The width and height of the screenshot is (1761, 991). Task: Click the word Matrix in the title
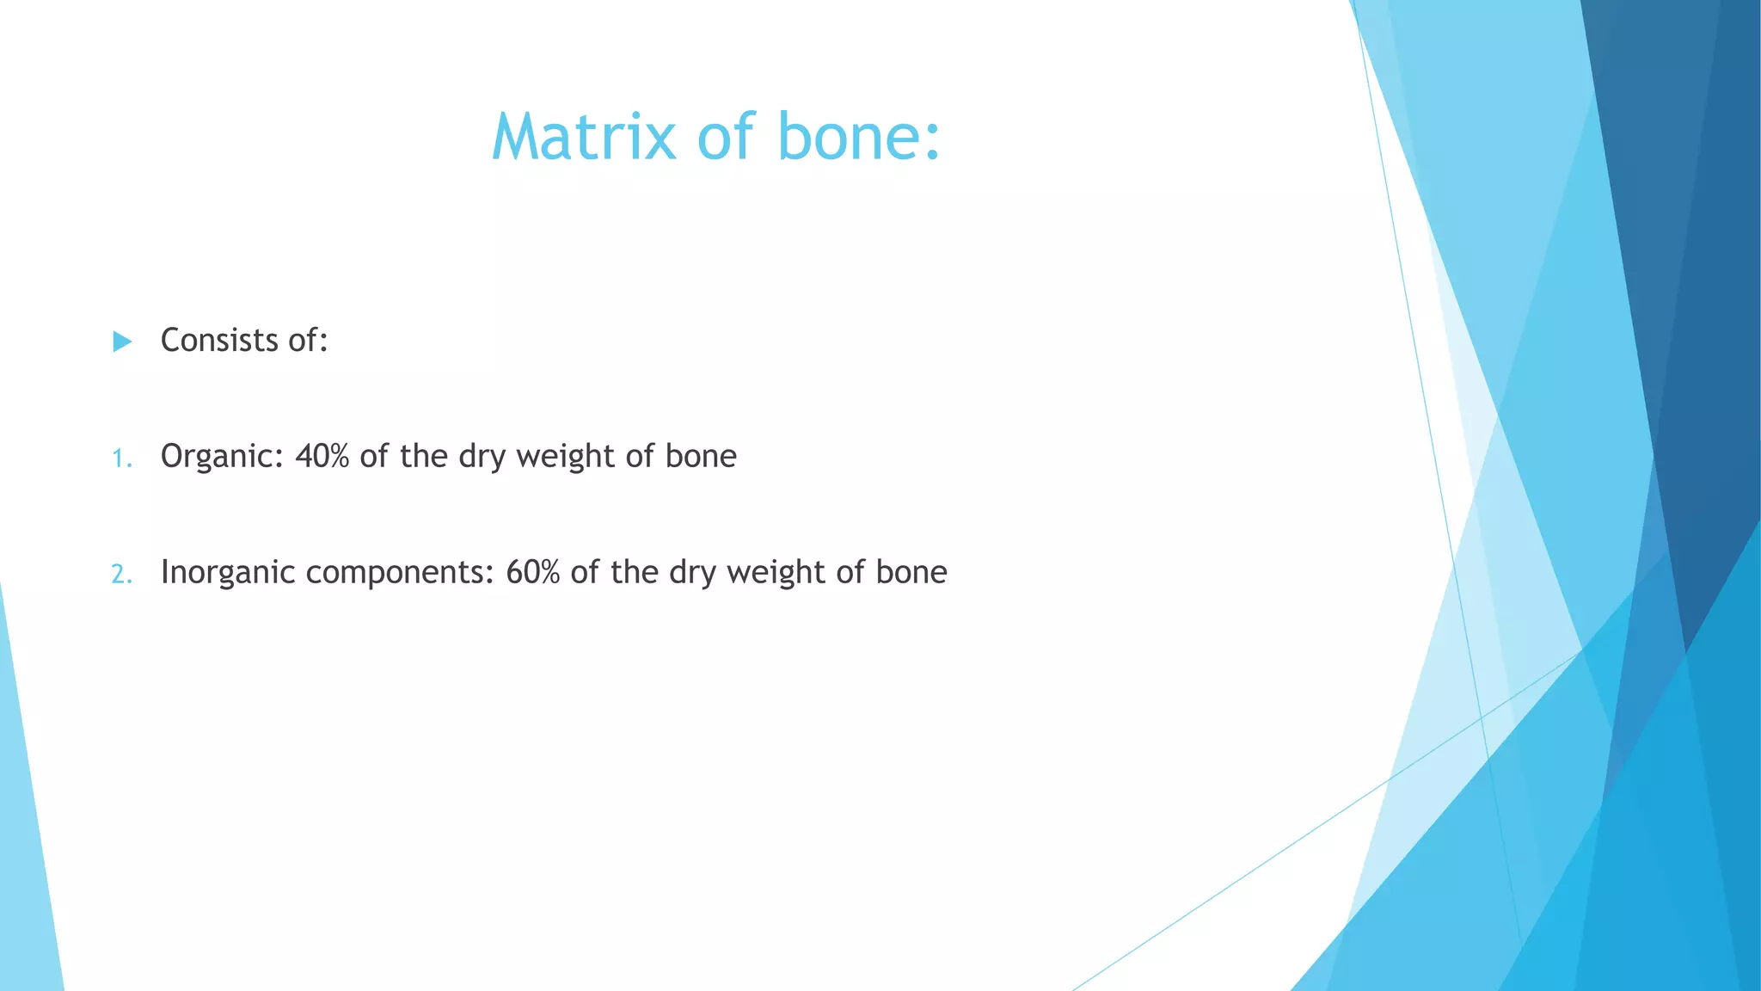tap(584, 137)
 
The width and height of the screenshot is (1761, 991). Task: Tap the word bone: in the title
tap(859, 137)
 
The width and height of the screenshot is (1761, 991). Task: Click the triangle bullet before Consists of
tap(122, 342)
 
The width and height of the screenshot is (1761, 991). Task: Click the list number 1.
tap(121, 459)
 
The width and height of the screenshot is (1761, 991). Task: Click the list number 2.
tap(121, 574)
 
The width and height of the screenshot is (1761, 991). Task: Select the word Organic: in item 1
tap(222, 457)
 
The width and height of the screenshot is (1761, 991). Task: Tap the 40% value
tap(322, 456)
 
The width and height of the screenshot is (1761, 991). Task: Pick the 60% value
tap(532, 572)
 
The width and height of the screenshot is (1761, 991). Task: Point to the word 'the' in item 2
tap(635, 572)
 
